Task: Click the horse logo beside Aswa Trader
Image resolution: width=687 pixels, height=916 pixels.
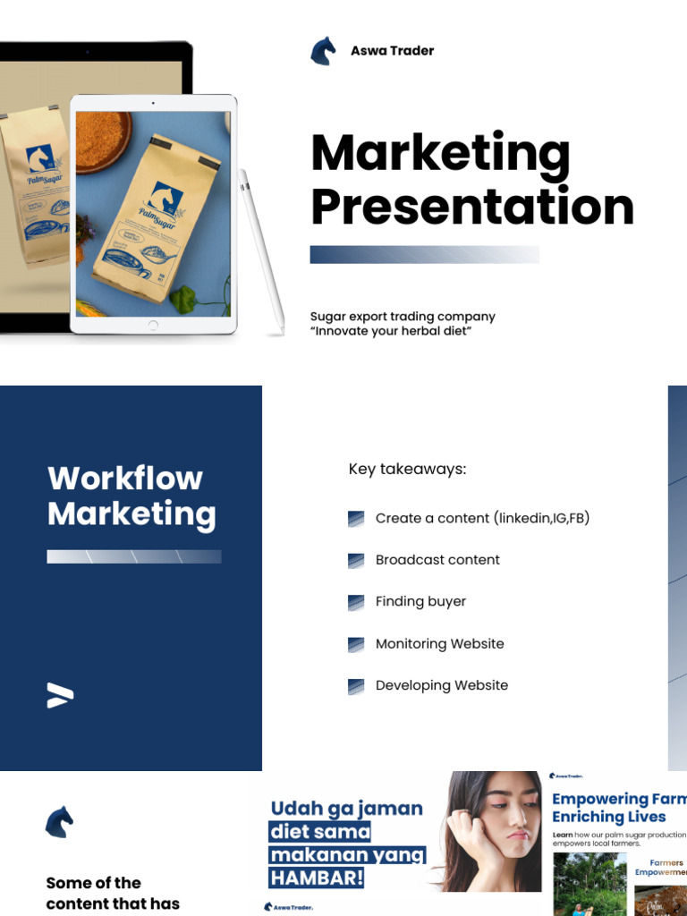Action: click(x=323, y=51)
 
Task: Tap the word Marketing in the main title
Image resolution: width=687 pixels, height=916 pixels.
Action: click(x=440, y=153)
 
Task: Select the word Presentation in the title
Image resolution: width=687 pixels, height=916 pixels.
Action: click(x=472, y=207)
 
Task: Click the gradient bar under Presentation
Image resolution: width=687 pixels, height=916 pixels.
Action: click(x=424, y=255)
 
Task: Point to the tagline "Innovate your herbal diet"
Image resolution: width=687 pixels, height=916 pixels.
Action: click(x=391, y=332)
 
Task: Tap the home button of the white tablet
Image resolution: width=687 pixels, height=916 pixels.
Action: click(x=153, y=324)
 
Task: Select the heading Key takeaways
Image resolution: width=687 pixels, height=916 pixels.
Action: click(x=407, y=470)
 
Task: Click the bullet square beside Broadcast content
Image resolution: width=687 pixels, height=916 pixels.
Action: click(x=356, y=561)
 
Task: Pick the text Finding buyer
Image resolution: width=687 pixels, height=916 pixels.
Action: click(x=420, y=602)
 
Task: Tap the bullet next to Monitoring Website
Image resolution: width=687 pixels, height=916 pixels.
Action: click(x=356, y=645)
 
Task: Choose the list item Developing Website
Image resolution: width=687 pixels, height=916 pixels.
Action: click(x=442, y=686)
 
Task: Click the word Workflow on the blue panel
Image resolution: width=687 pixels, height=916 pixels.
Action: click(x=125, y=479)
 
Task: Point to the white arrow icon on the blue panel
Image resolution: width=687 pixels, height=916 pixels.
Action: click(x=60, y=695)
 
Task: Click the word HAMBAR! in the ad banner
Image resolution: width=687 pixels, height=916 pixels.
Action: click(x=317, y=878)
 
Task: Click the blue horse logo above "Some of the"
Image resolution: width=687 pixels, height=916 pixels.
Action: click(x=59, y=822)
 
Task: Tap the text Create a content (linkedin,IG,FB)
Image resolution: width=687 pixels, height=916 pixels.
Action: click(x=482, y=519)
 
